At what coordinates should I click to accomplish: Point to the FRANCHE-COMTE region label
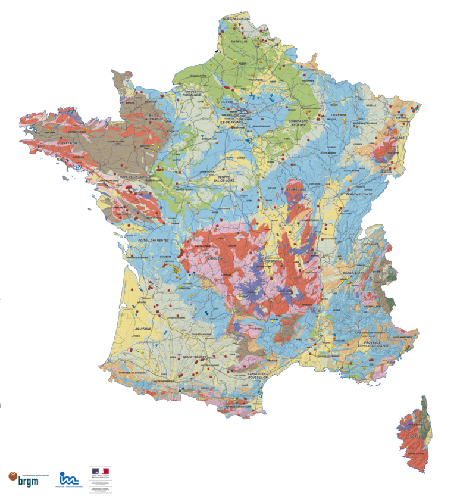(x=358, y=195)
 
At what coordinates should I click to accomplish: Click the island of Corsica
(x=415, y=435)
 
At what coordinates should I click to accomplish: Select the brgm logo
(x=23, y=478)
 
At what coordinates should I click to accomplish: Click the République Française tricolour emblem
(x=99, y=472)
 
